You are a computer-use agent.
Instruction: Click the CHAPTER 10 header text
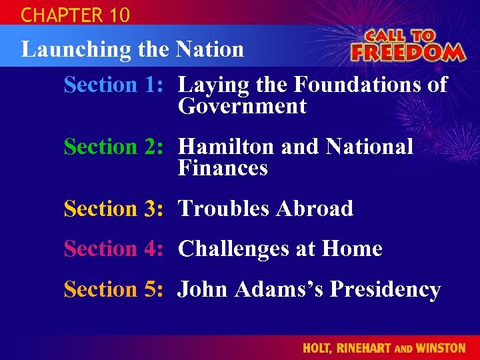[75, 15]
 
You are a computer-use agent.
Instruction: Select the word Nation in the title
[209, 49]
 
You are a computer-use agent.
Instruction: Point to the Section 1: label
[113, 85]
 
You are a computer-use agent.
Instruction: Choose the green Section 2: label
[113, 147]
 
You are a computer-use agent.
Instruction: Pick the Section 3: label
[113, 209]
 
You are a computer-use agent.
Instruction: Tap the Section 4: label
[113, 249]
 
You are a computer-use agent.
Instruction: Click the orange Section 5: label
[113, 290]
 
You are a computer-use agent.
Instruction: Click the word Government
[242, 106]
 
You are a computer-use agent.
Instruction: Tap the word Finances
[223, 168]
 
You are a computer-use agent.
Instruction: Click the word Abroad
[315, 209]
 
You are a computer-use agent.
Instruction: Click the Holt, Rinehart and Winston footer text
[384, 348]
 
